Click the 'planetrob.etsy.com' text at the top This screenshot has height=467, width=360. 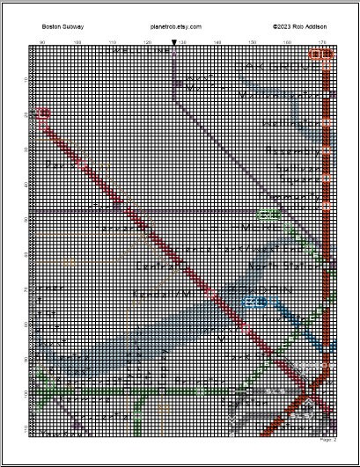176,27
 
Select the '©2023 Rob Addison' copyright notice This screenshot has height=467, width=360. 299,27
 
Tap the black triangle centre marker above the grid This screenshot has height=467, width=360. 173,41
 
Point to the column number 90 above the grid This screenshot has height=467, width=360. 42,42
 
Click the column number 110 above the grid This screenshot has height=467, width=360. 112,42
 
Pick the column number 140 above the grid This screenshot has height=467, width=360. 217,42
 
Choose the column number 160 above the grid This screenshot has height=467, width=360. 287,42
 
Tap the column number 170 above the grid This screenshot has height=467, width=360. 321,42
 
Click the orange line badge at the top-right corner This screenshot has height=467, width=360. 321,55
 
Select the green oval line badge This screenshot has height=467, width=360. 267,214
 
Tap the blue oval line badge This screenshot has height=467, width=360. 254,302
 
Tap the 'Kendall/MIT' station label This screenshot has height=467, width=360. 162,293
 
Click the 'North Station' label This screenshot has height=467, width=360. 280,264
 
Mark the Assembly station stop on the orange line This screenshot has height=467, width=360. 328,151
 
